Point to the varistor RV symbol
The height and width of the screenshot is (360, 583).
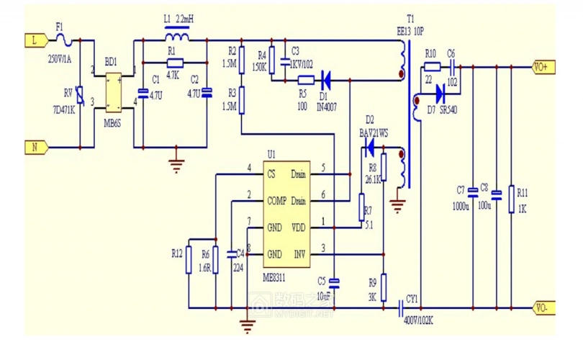[x=80, y=95]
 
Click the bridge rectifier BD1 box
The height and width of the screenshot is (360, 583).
[x=114, y=92]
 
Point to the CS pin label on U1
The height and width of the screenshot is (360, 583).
[x=271, y=174]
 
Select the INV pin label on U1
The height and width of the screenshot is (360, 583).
[x=300, y=254]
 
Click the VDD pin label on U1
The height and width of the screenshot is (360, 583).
[x=299, y=227]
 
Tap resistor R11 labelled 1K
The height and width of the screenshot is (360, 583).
[x=511, y=196]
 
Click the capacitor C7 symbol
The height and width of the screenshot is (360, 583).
[x=472, y=192]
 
